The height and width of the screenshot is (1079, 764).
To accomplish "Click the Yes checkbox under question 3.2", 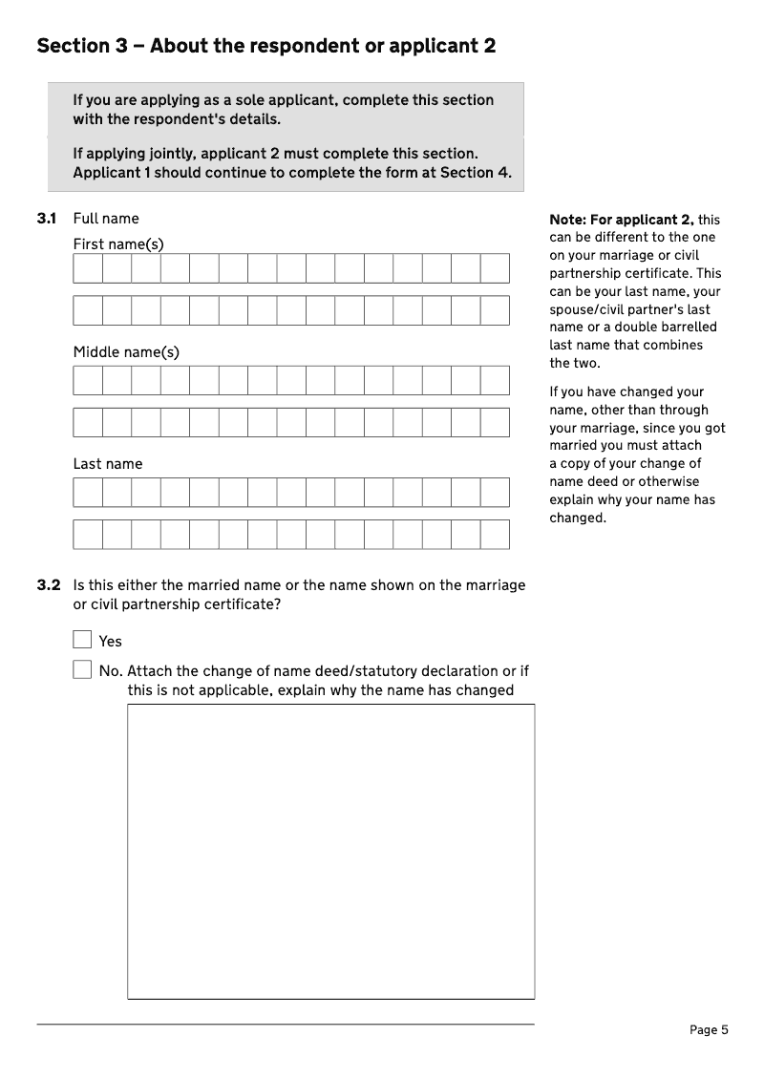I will [82, 640].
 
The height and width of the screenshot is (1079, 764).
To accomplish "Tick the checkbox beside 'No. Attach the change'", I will [82, 669].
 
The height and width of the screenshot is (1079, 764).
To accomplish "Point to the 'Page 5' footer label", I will [709, 1029].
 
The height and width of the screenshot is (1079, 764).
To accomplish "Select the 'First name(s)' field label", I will [118, 244].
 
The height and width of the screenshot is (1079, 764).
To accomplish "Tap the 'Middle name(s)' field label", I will [126, 352].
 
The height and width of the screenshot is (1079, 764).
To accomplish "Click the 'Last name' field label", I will [108, 464].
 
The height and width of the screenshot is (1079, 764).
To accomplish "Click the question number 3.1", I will [47, 219].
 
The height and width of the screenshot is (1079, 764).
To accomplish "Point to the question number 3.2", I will [49, 585].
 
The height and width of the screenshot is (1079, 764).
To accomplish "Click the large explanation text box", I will [330, 851].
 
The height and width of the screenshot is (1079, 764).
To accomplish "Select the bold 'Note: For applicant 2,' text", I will [622, 220].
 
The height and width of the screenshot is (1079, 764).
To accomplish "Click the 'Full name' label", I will [106, 219].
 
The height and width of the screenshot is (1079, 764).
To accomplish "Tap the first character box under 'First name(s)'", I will [88, 268].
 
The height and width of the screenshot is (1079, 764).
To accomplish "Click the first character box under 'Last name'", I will [88, 492].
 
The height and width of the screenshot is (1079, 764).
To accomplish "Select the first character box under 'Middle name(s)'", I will [88, 380].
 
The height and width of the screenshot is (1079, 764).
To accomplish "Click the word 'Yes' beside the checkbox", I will [111, 642].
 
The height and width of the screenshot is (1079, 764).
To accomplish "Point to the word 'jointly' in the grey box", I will [172, 154].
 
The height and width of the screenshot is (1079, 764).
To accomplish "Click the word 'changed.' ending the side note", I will [578, 518].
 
